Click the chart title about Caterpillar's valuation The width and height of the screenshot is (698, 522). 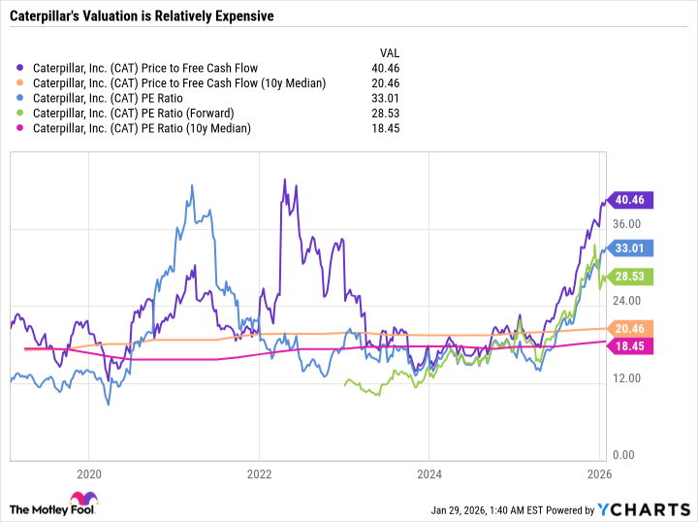click(x=141, y=16)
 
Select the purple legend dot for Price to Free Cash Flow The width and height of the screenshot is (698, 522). click(x=22, y=68)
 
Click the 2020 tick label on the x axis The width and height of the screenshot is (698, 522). click(x=88, y=474)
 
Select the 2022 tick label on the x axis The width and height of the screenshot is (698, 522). click(x=259, y=474)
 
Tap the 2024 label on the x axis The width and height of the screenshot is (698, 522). click(x=429, y=474)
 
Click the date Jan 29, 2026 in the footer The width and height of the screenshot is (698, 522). click(x=462, y=510)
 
